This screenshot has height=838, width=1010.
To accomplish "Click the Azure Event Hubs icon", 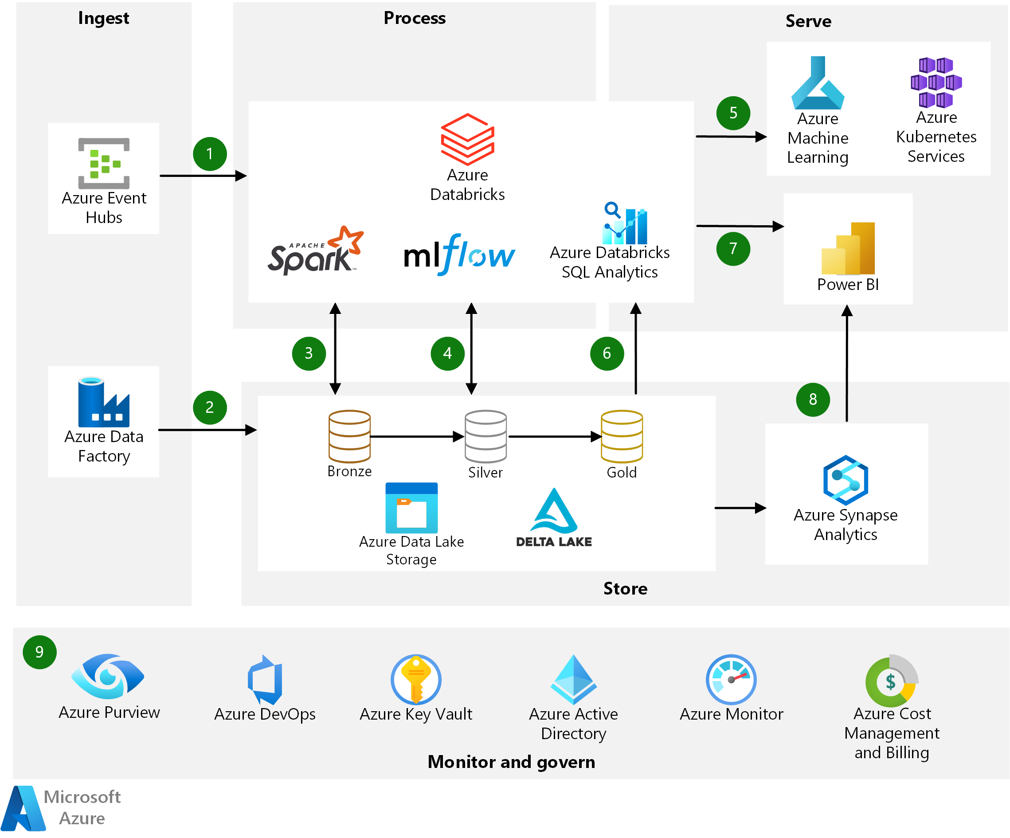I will click(x=104, y=163).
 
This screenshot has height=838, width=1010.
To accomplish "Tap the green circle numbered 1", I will click(x=210, y=154).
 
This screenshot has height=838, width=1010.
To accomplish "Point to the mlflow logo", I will click(x=459, y=255).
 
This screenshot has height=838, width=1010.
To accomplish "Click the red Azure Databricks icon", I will click(x=467, y=139).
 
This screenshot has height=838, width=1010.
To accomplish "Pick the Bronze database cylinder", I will click(x=350, y=436).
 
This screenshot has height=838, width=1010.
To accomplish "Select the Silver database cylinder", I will click(x=485, y=436).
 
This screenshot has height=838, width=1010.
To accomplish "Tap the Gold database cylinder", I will click(x=622, y=436).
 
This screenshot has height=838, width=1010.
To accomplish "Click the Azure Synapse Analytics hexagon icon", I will click(x=846, y=480).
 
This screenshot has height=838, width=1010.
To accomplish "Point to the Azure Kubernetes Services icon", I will click(x=936, y=82).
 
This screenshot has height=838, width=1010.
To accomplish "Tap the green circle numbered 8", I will click(x=813, y=399).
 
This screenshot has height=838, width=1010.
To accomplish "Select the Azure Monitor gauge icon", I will click(x=731, y=679).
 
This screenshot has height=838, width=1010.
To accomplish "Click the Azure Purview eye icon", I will click(x=108, y=676).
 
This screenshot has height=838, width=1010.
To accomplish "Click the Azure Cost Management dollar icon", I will click(x=891, y=681).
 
